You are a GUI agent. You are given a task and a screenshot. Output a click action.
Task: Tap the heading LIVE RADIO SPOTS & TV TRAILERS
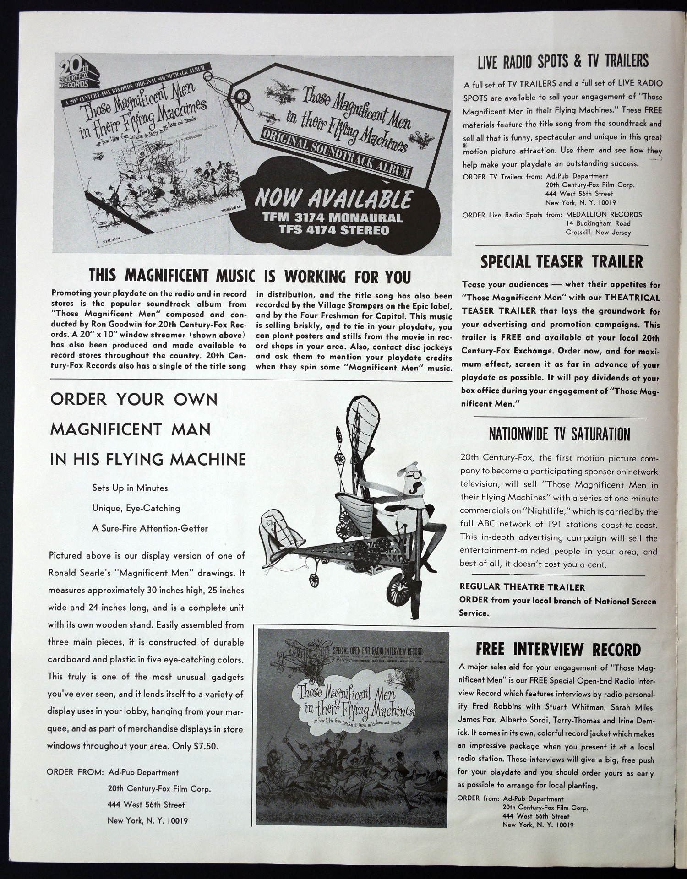click(563, 61)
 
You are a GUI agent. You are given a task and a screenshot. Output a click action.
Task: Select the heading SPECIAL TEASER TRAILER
click(562, 262)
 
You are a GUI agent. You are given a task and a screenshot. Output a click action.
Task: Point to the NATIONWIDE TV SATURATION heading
click(559, 434)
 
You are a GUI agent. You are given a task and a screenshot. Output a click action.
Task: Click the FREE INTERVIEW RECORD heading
click(558, 649)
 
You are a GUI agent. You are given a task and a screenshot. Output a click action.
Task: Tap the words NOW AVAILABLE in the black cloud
click(333, 199)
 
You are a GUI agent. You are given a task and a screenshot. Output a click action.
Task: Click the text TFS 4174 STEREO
click(334, 230)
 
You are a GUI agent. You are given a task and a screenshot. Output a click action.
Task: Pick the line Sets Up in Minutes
click(130, 488)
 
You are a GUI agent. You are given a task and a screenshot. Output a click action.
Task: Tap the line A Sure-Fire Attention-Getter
click(150, 528)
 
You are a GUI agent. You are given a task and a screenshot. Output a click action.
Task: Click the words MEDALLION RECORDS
click(604, 214)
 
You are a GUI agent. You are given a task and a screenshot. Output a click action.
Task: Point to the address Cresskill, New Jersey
click(598, 232)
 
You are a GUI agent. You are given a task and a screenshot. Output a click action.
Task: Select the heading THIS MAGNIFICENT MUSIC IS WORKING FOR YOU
click(250, 276)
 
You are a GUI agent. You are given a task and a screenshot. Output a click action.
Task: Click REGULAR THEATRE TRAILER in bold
click(522, 587)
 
